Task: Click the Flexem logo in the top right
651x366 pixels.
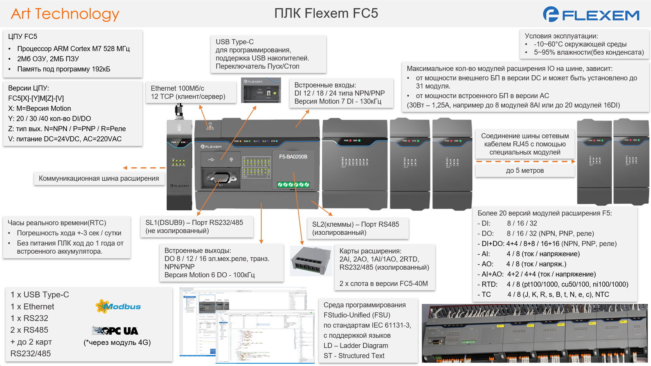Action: coord(591,14)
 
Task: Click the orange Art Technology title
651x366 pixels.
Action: coord(65,14)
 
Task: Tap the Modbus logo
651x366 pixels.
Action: coord(118,306)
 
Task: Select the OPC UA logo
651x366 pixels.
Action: coord(115,331)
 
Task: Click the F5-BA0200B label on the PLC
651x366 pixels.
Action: coord(293,157)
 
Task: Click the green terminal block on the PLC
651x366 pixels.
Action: coord(293,185)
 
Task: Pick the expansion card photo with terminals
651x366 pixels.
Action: coord(311,261)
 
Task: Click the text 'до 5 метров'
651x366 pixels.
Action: coord(525,170)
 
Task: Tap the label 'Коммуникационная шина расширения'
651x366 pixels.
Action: coord(99,179)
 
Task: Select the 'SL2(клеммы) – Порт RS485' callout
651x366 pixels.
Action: coord(355,228)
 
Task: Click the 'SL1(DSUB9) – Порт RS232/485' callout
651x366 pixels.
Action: coord(194,227)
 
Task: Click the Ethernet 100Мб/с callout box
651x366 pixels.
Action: coord(188,93)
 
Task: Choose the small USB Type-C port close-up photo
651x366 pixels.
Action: coord(261,90)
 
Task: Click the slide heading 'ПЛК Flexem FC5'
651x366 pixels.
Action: coord(326,14)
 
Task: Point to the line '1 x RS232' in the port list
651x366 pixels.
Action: coord(29,318)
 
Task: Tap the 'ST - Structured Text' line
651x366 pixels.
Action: coord(354,356)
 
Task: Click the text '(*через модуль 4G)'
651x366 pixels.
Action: coord(117,342)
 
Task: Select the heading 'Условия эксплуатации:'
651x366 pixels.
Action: coord(561,36)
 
